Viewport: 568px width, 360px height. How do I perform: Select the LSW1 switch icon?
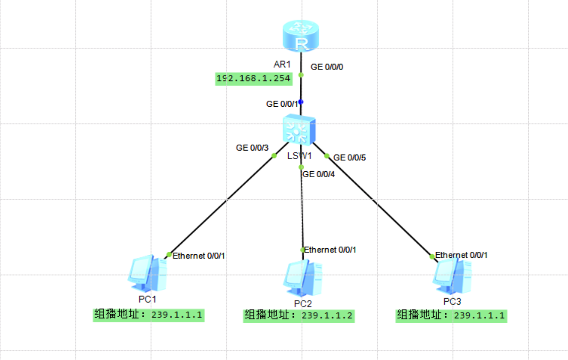pyautogui.click(x=299, y=129)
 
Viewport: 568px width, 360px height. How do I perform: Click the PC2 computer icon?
pyautogui.click(x=303, y=278)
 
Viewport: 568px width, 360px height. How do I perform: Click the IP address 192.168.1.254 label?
pyautogui.click(x=254, y=78)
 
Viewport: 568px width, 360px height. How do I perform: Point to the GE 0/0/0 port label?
pyautogui.click(x=327, y=66)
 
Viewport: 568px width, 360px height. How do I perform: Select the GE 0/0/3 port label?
pyautogui.click(x=253, y=148)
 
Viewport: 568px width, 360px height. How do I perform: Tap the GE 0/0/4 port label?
pyautogui.click(x=319, y=174)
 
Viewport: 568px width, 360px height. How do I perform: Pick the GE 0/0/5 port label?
pyautogui.click(x=350, y=158)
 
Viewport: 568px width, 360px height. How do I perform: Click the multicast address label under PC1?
pyautogui.click(x=148, y=316)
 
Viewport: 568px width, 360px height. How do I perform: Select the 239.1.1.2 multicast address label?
pyautogui.click(x=299, y=316)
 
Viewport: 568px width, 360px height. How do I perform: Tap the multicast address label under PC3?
pyautogui.click(x=451, y=316)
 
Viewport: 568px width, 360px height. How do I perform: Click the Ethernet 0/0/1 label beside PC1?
pyautogui.click(x=199, y=256)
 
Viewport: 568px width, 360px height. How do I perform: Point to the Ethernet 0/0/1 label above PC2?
pyautogui.click(x=330, y=250)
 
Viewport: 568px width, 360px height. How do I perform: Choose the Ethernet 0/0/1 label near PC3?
pyautogui.click(x=461, y=255)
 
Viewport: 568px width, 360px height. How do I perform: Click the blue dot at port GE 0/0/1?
pyautogui.click(x=301, y=102)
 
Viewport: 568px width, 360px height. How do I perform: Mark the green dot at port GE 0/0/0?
pyautogui.click(x=301, y=75)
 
